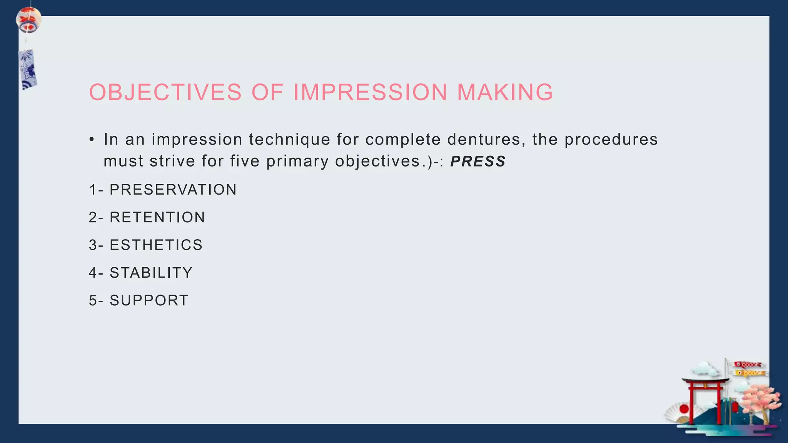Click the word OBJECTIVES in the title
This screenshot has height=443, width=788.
click(165, 93)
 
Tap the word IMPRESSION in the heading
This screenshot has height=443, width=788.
click(370, 93)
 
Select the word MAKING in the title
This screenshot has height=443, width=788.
click(505, 93)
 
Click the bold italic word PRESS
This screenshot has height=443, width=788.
click(478, 162)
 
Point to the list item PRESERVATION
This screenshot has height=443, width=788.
click(173, 190)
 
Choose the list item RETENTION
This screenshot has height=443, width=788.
click(157, 218)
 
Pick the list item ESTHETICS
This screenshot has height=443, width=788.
click(156, 245)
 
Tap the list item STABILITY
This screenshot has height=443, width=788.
click(151, 273)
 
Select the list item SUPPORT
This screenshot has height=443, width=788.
click(149, 301)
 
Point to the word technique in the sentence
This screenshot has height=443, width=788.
click(289, 140)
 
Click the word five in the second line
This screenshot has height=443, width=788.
click(245, 162)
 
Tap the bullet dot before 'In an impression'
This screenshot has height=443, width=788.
click(92, 140)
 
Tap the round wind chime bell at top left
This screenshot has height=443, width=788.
click(28, 20)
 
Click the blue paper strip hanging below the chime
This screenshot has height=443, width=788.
click(28, 69)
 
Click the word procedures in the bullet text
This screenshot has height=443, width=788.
click(611, 140)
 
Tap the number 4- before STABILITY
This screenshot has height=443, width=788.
click(96, 273)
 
